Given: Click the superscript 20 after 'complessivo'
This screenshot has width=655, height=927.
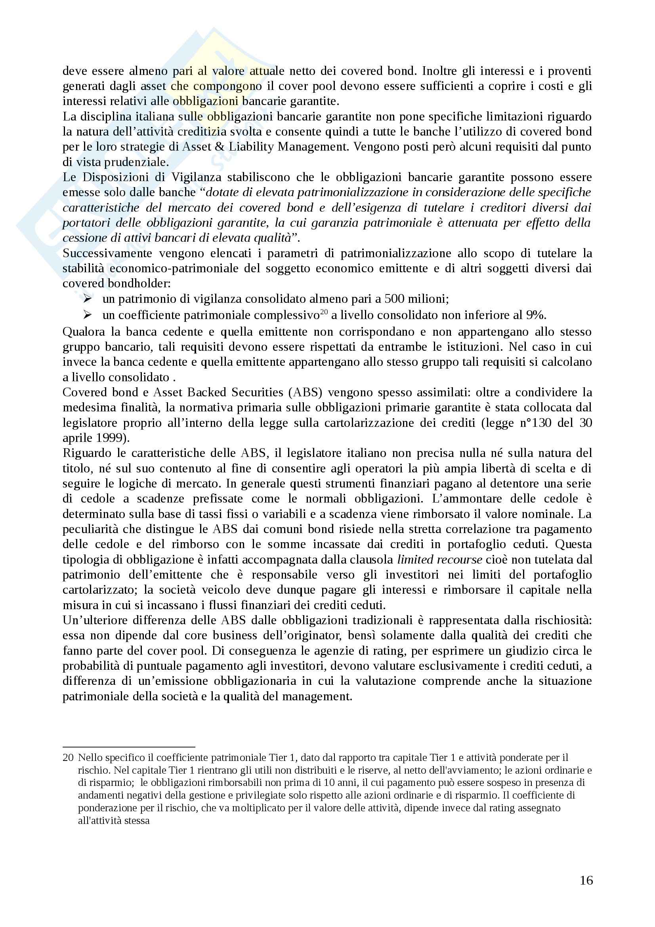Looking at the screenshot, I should (324, 312).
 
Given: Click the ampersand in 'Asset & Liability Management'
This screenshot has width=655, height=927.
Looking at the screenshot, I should (220, 147).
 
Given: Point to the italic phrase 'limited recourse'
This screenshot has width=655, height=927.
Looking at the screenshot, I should (439, 559).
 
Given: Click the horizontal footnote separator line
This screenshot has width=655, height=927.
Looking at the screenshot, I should (129, 747).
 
